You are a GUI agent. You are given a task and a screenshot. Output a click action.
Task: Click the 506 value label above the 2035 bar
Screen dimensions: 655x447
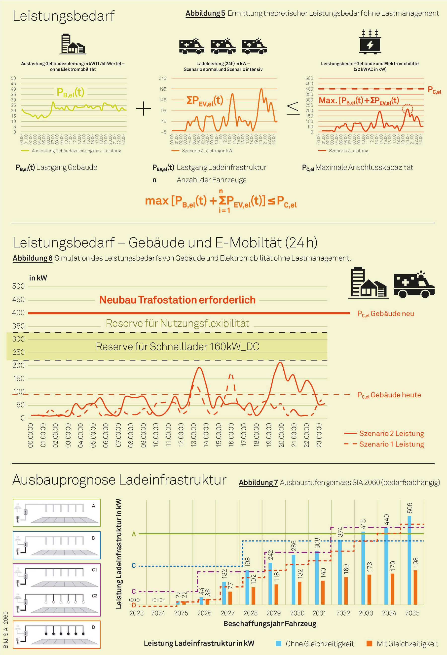(410, 508)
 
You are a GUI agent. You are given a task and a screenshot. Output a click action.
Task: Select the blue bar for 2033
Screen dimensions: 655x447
(363, 568)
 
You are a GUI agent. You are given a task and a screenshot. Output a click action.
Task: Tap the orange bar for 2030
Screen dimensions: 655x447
(299, 593)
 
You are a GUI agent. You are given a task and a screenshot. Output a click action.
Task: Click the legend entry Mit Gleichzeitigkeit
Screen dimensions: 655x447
(403, 644)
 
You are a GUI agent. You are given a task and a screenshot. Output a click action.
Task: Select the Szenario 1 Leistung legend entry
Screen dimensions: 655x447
(384, 444)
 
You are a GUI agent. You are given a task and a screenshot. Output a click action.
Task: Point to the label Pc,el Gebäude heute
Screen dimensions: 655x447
(389, 395)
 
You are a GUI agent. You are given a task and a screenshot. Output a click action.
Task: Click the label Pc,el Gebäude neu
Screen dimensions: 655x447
(385, 314)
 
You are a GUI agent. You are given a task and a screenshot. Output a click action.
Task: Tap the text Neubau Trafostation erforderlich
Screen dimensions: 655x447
(177, 300)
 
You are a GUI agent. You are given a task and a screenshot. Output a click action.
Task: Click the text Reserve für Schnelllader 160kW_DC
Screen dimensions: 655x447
(177, 346)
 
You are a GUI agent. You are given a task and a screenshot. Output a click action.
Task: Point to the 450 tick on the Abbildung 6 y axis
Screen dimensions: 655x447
(18, 300)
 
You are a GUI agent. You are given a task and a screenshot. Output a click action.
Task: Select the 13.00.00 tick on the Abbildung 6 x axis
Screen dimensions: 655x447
(193, 435)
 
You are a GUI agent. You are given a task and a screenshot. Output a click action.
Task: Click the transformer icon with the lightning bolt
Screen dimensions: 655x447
(370, 42)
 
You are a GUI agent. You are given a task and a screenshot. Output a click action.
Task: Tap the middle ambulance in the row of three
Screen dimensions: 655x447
(223, 46)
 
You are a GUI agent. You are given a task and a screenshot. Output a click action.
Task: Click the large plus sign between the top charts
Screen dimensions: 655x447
(144, 108)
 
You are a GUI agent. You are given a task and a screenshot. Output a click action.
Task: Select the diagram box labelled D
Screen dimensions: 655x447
(56, 634)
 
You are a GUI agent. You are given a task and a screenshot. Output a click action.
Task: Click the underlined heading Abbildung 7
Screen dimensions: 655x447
(258, 483)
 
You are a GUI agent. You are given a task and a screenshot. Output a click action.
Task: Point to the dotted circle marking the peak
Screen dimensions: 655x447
(407, 109)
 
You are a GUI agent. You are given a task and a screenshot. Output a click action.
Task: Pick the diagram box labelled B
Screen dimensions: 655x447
(56, 545)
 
